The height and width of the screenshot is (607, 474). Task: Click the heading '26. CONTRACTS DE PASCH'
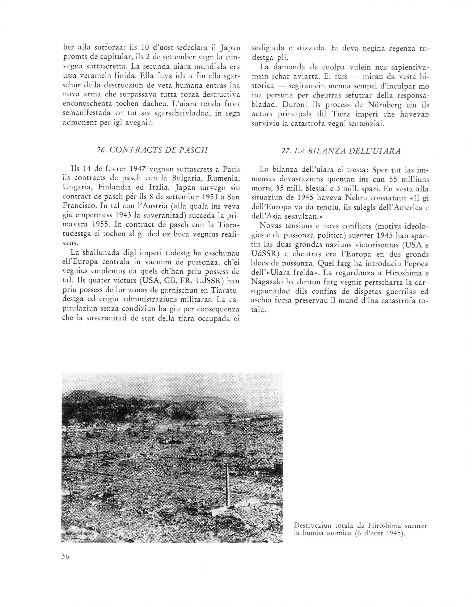point(152,150)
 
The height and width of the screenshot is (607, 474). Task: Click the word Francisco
point(82,206)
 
